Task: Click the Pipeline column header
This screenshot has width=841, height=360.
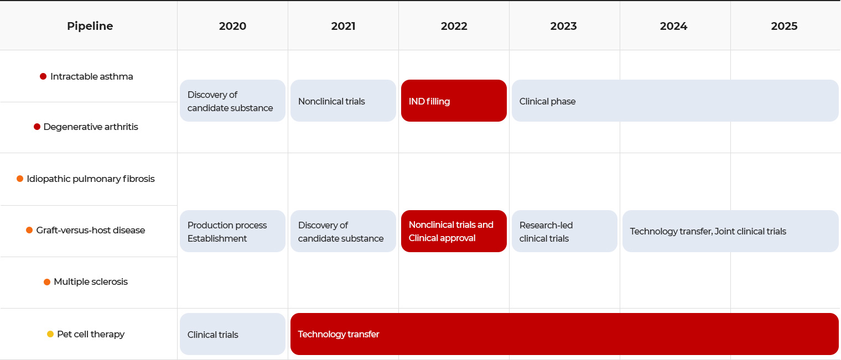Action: (90, 26)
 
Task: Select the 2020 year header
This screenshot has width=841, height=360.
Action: (232, 26)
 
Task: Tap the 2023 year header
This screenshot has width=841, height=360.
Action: (563, 26)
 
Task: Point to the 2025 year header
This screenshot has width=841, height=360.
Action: (784, 26)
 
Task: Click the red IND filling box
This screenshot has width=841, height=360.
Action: (454, 101)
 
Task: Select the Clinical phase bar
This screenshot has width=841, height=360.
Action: (674, 101)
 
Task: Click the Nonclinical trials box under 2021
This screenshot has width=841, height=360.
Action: (343, 101)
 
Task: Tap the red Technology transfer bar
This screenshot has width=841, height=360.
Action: (564, 334)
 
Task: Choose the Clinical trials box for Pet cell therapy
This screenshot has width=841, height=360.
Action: (232, 334)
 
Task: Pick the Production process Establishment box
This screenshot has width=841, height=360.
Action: (232, 231)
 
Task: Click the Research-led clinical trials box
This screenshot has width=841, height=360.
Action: (564, 231)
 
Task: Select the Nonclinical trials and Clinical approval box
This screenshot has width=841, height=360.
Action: (454, 231)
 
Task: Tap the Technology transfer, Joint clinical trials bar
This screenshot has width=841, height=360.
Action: (730, 231)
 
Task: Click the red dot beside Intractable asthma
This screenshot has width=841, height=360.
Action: (43, 76)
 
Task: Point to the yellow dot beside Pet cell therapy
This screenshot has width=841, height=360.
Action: (50, 334)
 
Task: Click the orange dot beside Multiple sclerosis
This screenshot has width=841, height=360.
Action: (47, 282)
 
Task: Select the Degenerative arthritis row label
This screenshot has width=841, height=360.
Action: (91, 127)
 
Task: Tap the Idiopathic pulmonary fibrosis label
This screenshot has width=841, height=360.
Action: (91, 179)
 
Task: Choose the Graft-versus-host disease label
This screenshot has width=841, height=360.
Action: (91, 230)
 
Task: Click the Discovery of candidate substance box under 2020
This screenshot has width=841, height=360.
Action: (232, 101)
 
